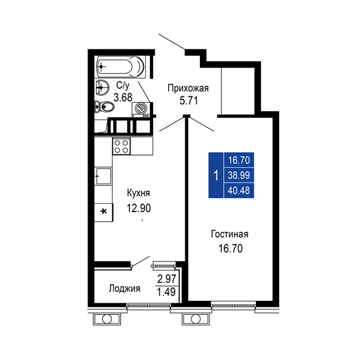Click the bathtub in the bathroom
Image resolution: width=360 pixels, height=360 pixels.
pos(122,66)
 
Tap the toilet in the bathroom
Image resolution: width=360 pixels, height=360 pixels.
pos(102,107)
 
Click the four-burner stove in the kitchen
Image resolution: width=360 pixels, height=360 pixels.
pos(122,147)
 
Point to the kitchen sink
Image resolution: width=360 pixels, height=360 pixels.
pos(104,175)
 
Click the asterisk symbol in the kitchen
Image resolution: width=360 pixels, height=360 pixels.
pos(104,212)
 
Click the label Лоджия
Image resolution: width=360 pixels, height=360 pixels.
pos(125,288)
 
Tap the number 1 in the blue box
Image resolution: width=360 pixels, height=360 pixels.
pos(215,175)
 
